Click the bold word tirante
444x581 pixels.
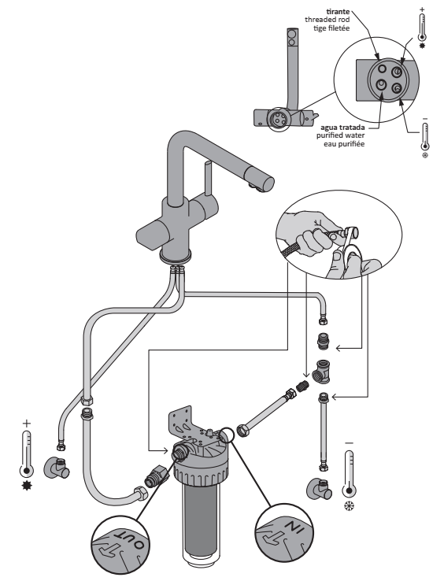(338, 12)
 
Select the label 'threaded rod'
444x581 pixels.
(327, 20)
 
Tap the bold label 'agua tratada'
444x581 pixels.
(342, 128)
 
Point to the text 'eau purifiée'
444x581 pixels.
(344, 144)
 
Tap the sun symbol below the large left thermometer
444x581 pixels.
(27, 485)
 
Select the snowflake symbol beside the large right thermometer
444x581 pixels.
(349, 506)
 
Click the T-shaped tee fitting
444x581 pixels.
(321, 372)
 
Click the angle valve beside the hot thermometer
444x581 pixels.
(57, 468)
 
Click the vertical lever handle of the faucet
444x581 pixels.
(208, 179)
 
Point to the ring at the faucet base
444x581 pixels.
(176, 257)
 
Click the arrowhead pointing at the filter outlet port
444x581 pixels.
(165, 450)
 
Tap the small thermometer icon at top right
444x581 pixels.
(422, 28)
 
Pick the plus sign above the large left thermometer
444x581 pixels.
(26, 424)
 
